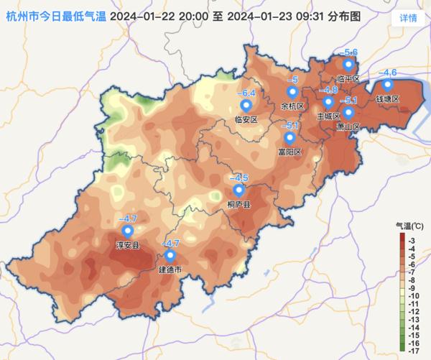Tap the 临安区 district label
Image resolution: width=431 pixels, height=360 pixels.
click(x=246, y=119)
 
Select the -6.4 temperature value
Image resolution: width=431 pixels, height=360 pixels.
click(x=246, y=93)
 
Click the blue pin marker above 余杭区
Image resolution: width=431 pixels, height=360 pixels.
click(x=292, y=93)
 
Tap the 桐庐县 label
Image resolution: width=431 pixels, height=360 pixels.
click(x=238, y=205)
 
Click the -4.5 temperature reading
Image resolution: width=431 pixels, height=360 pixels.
click(x=238, y=177)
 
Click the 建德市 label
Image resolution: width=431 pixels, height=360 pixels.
click(x=170, y=270)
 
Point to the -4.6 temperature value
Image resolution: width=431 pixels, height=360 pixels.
click(x=387, y=73)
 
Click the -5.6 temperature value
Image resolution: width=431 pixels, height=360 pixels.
click(x=348, y=52)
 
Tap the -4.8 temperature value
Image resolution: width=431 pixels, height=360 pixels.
click(x=328, y=90)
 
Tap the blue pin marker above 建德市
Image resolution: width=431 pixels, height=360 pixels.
click(x=170, y=256)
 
